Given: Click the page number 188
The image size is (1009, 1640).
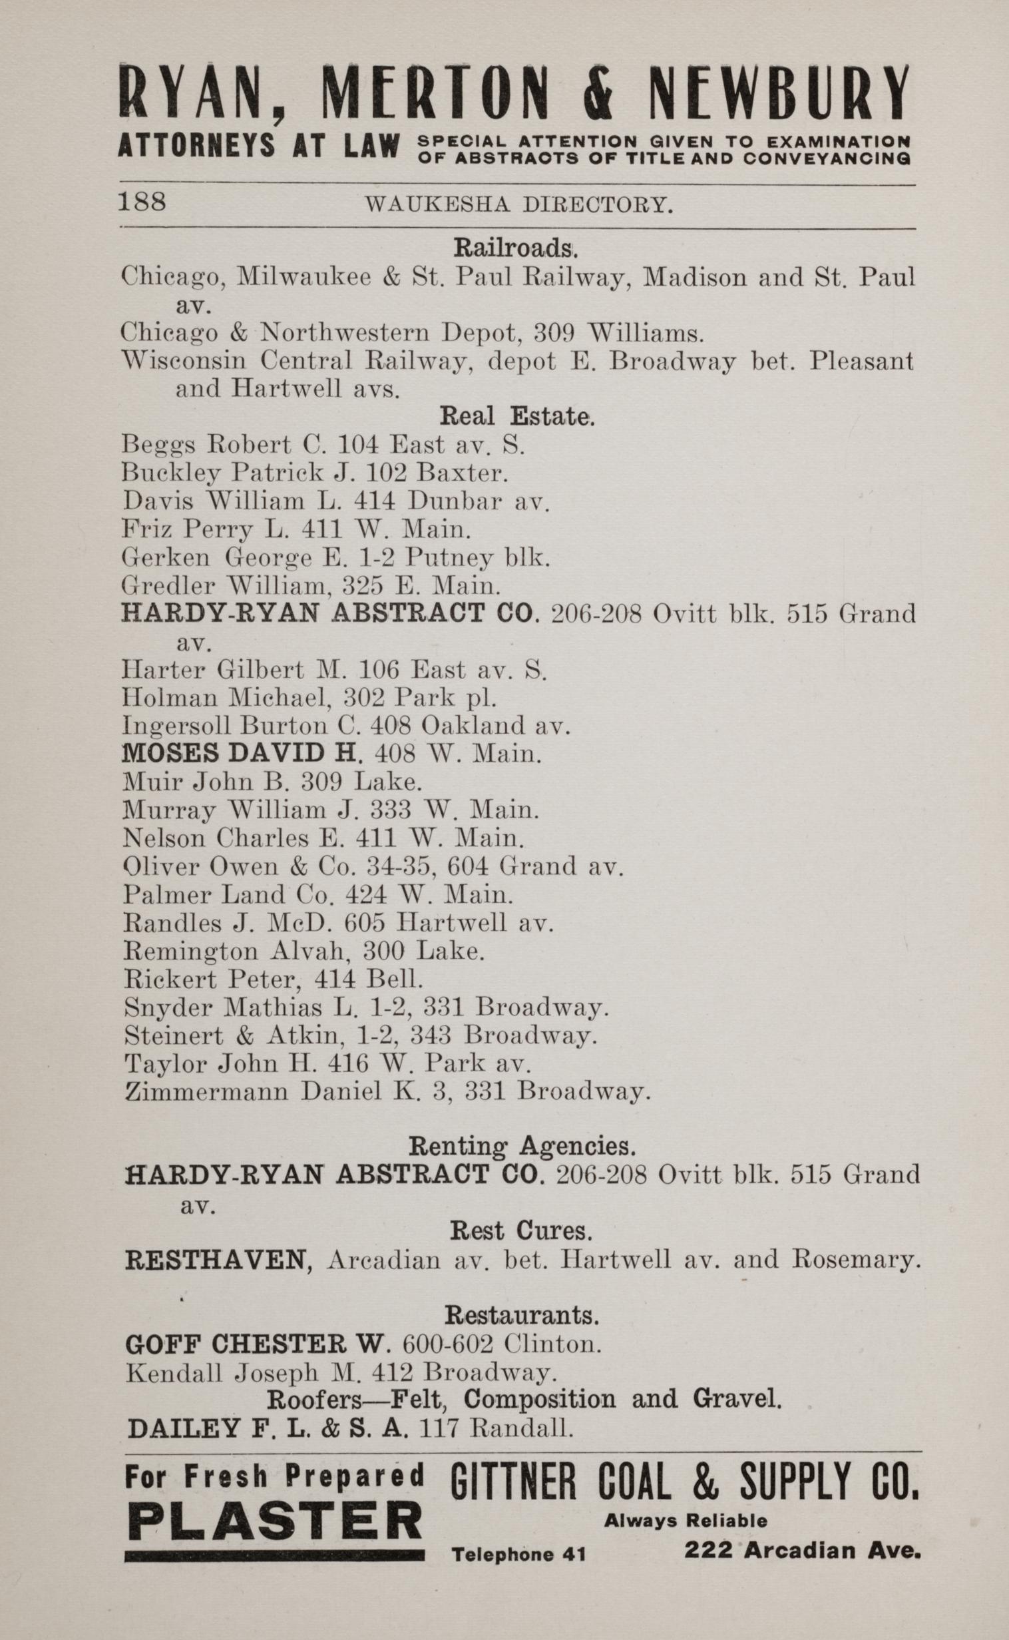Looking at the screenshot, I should point(142,201).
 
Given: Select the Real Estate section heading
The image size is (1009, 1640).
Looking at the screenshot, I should point(516,417).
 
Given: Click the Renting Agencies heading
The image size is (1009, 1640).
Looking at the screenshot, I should point(521,1146).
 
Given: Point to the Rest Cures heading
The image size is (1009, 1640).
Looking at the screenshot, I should point(521,1230).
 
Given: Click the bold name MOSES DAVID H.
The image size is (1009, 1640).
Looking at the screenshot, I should point(242,754).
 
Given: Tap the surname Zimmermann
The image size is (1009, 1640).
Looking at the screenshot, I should point(207,1091).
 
